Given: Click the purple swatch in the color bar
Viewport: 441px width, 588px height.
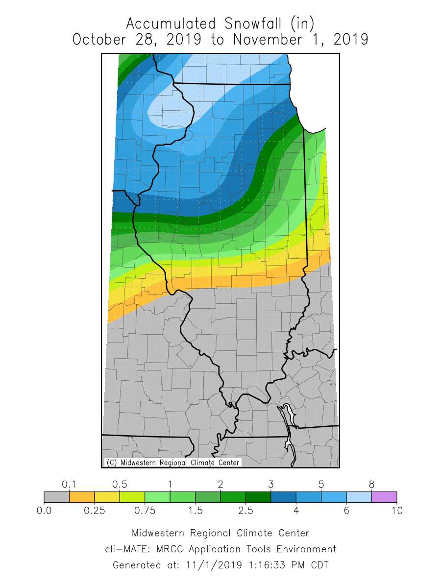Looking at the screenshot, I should [x=384, y=497].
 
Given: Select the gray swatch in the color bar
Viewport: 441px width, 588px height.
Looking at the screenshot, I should [x=56, y=497].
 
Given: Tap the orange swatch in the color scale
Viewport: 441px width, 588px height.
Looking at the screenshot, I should [x=82, y=497].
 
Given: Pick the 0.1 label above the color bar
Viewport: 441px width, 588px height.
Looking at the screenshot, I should [x=69, y=484].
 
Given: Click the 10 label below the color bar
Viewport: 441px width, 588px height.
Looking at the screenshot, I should [x=397, y=511].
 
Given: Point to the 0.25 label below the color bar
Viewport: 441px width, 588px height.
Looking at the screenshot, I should [x=95, y=511].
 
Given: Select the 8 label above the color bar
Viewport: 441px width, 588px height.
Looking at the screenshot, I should [x=371, y=484].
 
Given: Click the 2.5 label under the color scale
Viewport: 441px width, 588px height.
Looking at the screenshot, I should [x=245, y=511].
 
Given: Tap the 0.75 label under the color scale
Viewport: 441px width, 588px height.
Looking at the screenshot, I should [x=145, y=511].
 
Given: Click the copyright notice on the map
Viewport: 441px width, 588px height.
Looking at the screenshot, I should [x=173, y=463].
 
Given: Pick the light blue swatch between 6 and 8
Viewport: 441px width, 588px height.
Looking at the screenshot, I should [x=359, y=497].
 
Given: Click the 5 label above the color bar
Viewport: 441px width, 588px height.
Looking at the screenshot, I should [x=321, y=484].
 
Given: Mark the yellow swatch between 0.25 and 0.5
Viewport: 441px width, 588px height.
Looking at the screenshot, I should [x=107, y=497].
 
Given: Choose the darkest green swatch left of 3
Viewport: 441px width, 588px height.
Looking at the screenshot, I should [x=258, y=497].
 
